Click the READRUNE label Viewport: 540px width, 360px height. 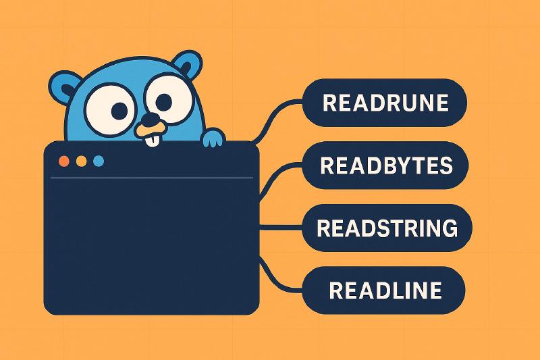pos(385,103)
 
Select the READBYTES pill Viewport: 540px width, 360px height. pos(385,165)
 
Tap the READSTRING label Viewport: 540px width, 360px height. pos(387,228)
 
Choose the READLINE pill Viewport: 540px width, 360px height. pos(383,290)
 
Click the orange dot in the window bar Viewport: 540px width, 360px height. pos(64,161)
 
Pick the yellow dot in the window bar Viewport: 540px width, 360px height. pos(81,161)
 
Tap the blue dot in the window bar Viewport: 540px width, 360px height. pos(99,161)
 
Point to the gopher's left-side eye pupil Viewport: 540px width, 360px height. pos(119,110)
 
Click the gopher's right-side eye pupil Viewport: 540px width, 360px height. pos(163,101)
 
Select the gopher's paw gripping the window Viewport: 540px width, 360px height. pos(213,138)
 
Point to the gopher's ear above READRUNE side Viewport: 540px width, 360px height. pos(187,65)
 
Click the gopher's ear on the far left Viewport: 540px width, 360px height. pos(65,88)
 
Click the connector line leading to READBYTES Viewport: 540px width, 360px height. pos(279,179)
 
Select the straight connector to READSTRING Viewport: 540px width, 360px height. pos(281,228)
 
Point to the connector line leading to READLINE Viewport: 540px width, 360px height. pos(279,276)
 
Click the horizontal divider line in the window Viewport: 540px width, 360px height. pos(152,178)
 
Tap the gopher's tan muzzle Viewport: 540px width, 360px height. pos(149,130)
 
